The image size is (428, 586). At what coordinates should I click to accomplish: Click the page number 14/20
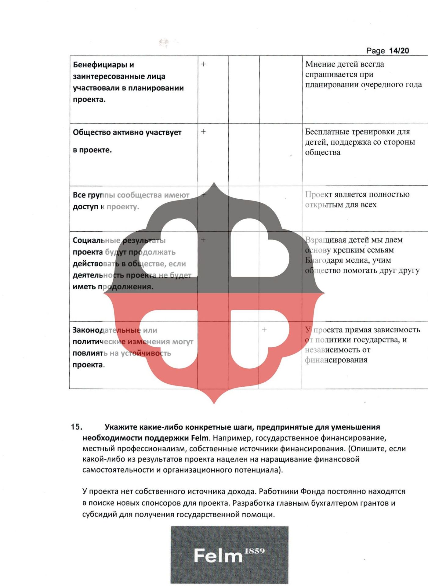tap(399, 51)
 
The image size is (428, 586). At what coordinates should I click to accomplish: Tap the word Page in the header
tap(375, 51)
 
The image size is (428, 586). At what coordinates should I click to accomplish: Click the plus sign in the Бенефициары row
tap(203, 64)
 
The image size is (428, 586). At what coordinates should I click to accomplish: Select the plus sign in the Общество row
tap(203, 132)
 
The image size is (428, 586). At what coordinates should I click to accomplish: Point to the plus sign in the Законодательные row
tap(264, 330)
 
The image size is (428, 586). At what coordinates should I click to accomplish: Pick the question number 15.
tap(76, 427)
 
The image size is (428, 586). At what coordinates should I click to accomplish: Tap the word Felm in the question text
tap(199, 438)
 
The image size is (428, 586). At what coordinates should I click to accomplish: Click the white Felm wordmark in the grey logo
tap(218, 556)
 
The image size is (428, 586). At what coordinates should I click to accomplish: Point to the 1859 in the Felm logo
tap(255, 551)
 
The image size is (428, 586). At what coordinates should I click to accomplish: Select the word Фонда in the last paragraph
tap(312, 491)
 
